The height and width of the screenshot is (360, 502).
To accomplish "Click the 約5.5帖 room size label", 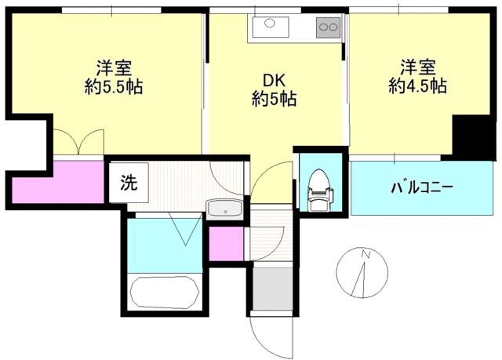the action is coord(114,86).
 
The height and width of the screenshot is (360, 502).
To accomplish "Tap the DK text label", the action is coord(274,81).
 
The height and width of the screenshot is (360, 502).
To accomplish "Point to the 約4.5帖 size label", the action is coord(418,85).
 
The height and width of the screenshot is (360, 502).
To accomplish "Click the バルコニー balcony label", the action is coord(422,187).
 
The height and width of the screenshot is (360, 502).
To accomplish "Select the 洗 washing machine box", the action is coord(129,183).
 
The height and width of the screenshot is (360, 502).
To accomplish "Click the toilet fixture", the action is coord(320,191).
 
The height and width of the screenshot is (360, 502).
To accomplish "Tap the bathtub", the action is coord(165,293).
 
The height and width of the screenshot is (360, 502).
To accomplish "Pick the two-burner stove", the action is coord(328,27).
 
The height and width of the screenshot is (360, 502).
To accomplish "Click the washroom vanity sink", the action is coord(225,209).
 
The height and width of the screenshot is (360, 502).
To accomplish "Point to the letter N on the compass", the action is coord(366,254).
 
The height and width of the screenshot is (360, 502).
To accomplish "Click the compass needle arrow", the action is coord(359,280).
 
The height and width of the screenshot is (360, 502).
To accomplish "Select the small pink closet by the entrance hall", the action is coord(227,243).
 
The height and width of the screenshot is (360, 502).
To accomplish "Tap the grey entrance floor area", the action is coord(272,289).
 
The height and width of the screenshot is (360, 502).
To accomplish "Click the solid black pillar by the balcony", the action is coord(471,137).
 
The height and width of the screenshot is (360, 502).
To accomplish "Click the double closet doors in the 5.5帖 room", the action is coord(78,142).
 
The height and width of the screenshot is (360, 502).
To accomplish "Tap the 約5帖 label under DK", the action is coord(274,98).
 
